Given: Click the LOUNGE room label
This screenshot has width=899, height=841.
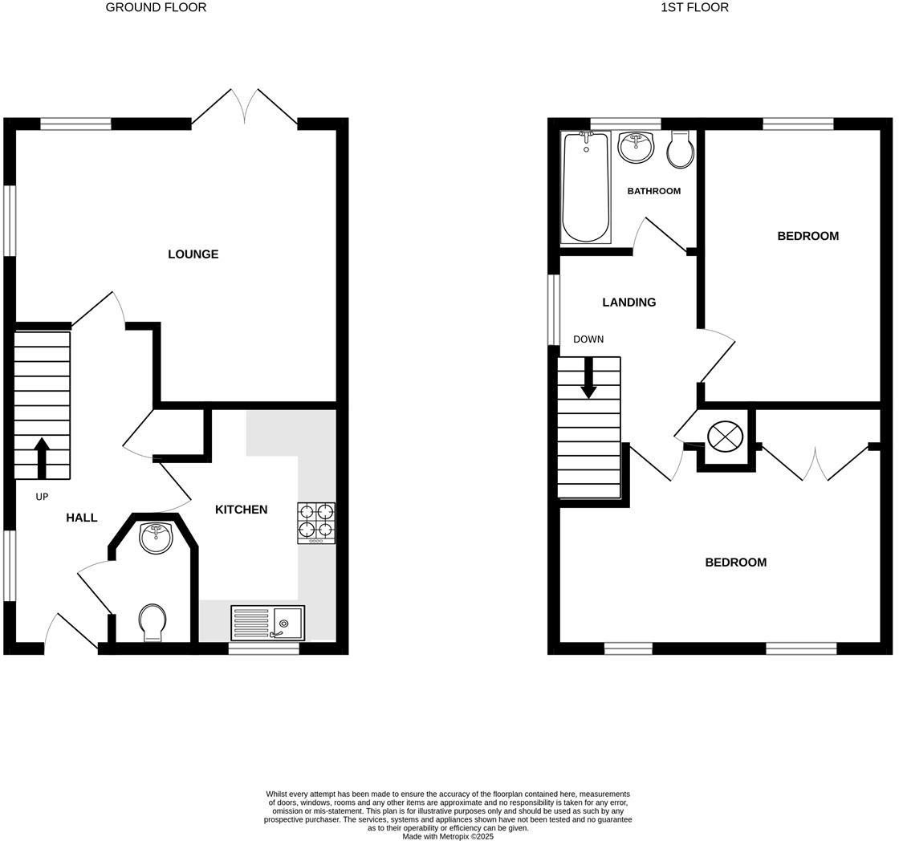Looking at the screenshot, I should point(193,254).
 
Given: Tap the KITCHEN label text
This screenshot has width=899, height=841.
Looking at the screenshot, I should point(241,510).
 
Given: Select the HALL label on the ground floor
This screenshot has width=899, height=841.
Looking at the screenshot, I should point(81,518).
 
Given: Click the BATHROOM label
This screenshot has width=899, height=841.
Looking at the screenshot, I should point(653,191).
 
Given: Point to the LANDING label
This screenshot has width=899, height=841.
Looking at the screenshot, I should point(628,303).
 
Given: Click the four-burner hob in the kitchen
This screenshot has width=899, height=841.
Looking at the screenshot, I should point(316,522).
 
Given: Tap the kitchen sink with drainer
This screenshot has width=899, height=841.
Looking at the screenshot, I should point(267,623).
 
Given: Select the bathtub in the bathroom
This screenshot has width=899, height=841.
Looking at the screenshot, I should point(585,187).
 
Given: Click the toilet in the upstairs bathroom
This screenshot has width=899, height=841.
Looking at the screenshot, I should point(680,149).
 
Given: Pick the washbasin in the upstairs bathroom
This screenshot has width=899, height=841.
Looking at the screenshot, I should point(636,147).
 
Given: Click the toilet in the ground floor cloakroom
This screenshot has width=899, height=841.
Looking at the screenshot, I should point(152,623).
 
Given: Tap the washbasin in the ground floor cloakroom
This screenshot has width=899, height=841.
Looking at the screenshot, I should point(156,537).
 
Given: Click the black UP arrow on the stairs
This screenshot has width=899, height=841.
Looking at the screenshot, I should point(42,458).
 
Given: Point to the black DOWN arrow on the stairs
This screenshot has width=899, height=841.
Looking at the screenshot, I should point(588,378).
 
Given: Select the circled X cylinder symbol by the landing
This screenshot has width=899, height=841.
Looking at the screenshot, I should point(724,437).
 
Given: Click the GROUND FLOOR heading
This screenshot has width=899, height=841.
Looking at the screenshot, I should point(156,7).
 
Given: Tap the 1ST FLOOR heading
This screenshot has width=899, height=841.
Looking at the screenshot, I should point(694,7).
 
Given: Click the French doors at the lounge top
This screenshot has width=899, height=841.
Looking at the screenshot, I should point(245,107).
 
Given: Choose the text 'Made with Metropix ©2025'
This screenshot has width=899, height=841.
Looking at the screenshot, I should point(448,836).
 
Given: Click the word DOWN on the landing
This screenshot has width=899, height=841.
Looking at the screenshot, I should point(588,339).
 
